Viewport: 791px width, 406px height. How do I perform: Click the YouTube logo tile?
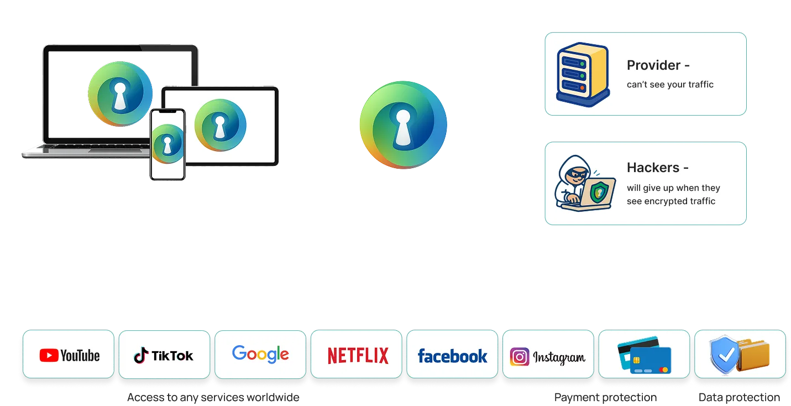click(69, 354)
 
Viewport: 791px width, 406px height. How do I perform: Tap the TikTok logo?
click(164, 355)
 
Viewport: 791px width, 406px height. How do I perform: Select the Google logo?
click(260, 353)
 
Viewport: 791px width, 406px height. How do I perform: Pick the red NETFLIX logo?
click(358, 356)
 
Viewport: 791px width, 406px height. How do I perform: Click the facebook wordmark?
click(452, 356)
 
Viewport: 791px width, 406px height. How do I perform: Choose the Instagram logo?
click(547, 357)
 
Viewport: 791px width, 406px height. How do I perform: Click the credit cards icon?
click(645, 355)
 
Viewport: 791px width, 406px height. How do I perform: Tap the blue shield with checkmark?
click(724, 355)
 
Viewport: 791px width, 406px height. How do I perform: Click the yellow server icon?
click(583, 75)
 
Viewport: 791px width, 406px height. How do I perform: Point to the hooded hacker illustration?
click(585, 183)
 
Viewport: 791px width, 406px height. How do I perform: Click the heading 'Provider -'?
click(658, 65)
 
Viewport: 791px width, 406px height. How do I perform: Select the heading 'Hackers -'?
click(658, 168)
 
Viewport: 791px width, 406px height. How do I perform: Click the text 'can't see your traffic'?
click(670, 85)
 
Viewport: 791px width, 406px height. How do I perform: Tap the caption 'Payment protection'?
click(605, 398)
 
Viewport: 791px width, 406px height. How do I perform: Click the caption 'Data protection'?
click(739, 398)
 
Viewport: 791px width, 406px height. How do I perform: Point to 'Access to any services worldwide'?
click(213, 398)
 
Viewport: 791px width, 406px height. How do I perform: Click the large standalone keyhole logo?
click(404, 125)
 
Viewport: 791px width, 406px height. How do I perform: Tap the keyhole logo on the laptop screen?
click(120, 93)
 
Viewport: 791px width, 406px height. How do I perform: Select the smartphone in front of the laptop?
click(167, 144)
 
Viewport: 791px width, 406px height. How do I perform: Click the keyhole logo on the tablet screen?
click(221, 125)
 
